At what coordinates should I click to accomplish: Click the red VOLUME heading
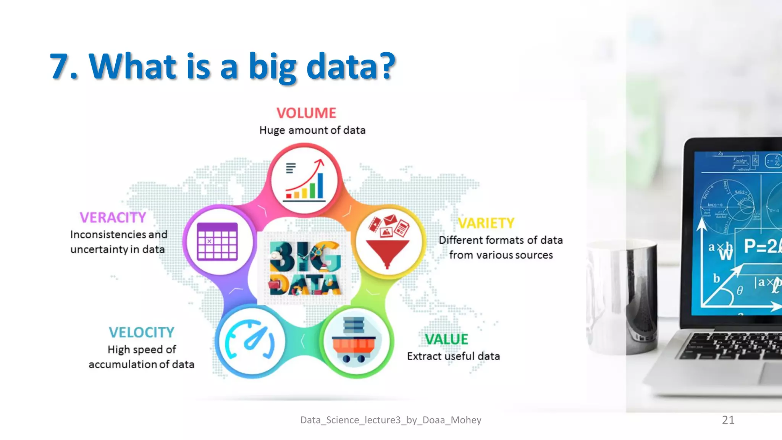point(306,113)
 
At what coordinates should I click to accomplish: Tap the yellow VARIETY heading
point(486,223)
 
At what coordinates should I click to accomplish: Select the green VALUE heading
point(446,339)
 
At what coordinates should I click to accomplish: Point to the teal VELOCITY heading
point(141,332)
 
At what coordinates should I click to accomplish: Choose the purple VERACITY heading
point(113,218)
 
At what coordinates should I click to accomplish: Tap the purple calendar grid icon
point(217,241)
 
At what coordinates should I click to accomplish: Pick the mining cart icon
point(354,341)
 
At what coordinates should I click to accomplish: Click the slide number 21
point(728,420)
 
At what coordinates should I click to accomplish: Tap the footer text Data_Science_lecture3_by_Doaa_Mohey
point(391,420)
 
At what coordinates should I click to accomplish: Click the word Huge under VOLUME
point(272,131)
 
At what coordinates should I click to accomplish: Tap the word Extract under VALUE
point(424,356)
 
